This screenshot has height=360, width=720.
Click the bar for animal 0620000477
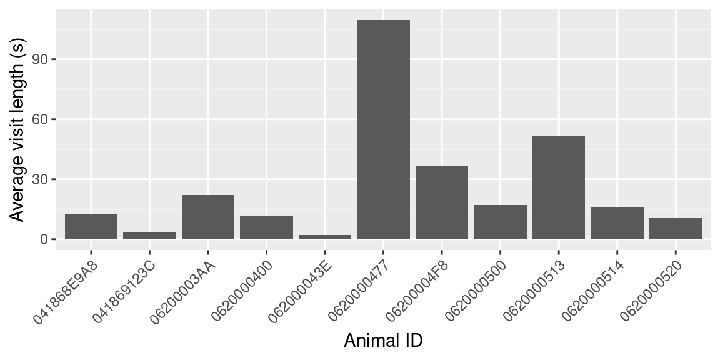(x=383, y=129)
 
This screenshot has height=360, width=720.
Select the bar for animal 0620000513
(x=558, y=187)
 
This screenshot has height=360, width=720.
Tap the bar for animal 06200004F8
(x=442, y=202)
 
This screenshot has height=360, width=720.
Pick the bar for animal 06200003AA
(x=208, y=217)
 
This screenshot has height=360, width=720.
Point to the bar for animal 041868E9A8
(x=91, y=226)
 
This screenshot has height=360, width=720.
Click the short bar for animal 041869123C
(x=149, y=236)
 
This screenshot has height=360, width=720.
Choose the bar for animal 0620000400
(x=266, y=227)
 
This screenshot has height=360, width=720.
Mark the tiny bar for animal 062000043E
(x=325, y=237)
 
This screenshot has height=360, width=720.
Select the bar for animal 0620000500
(x=500, y=222)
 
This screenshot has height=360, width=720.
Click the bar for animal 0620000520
(x=676, y=229)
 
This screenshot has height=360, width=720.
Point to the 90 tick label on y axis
(x=45, y=59)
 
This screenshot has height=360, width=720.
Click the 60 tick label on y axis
(x=45, y=119)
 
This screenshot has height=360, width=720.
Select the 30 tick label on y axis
(x=45, y=179)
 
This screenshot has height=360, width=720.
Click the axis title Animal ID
(x=383, y=341)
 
